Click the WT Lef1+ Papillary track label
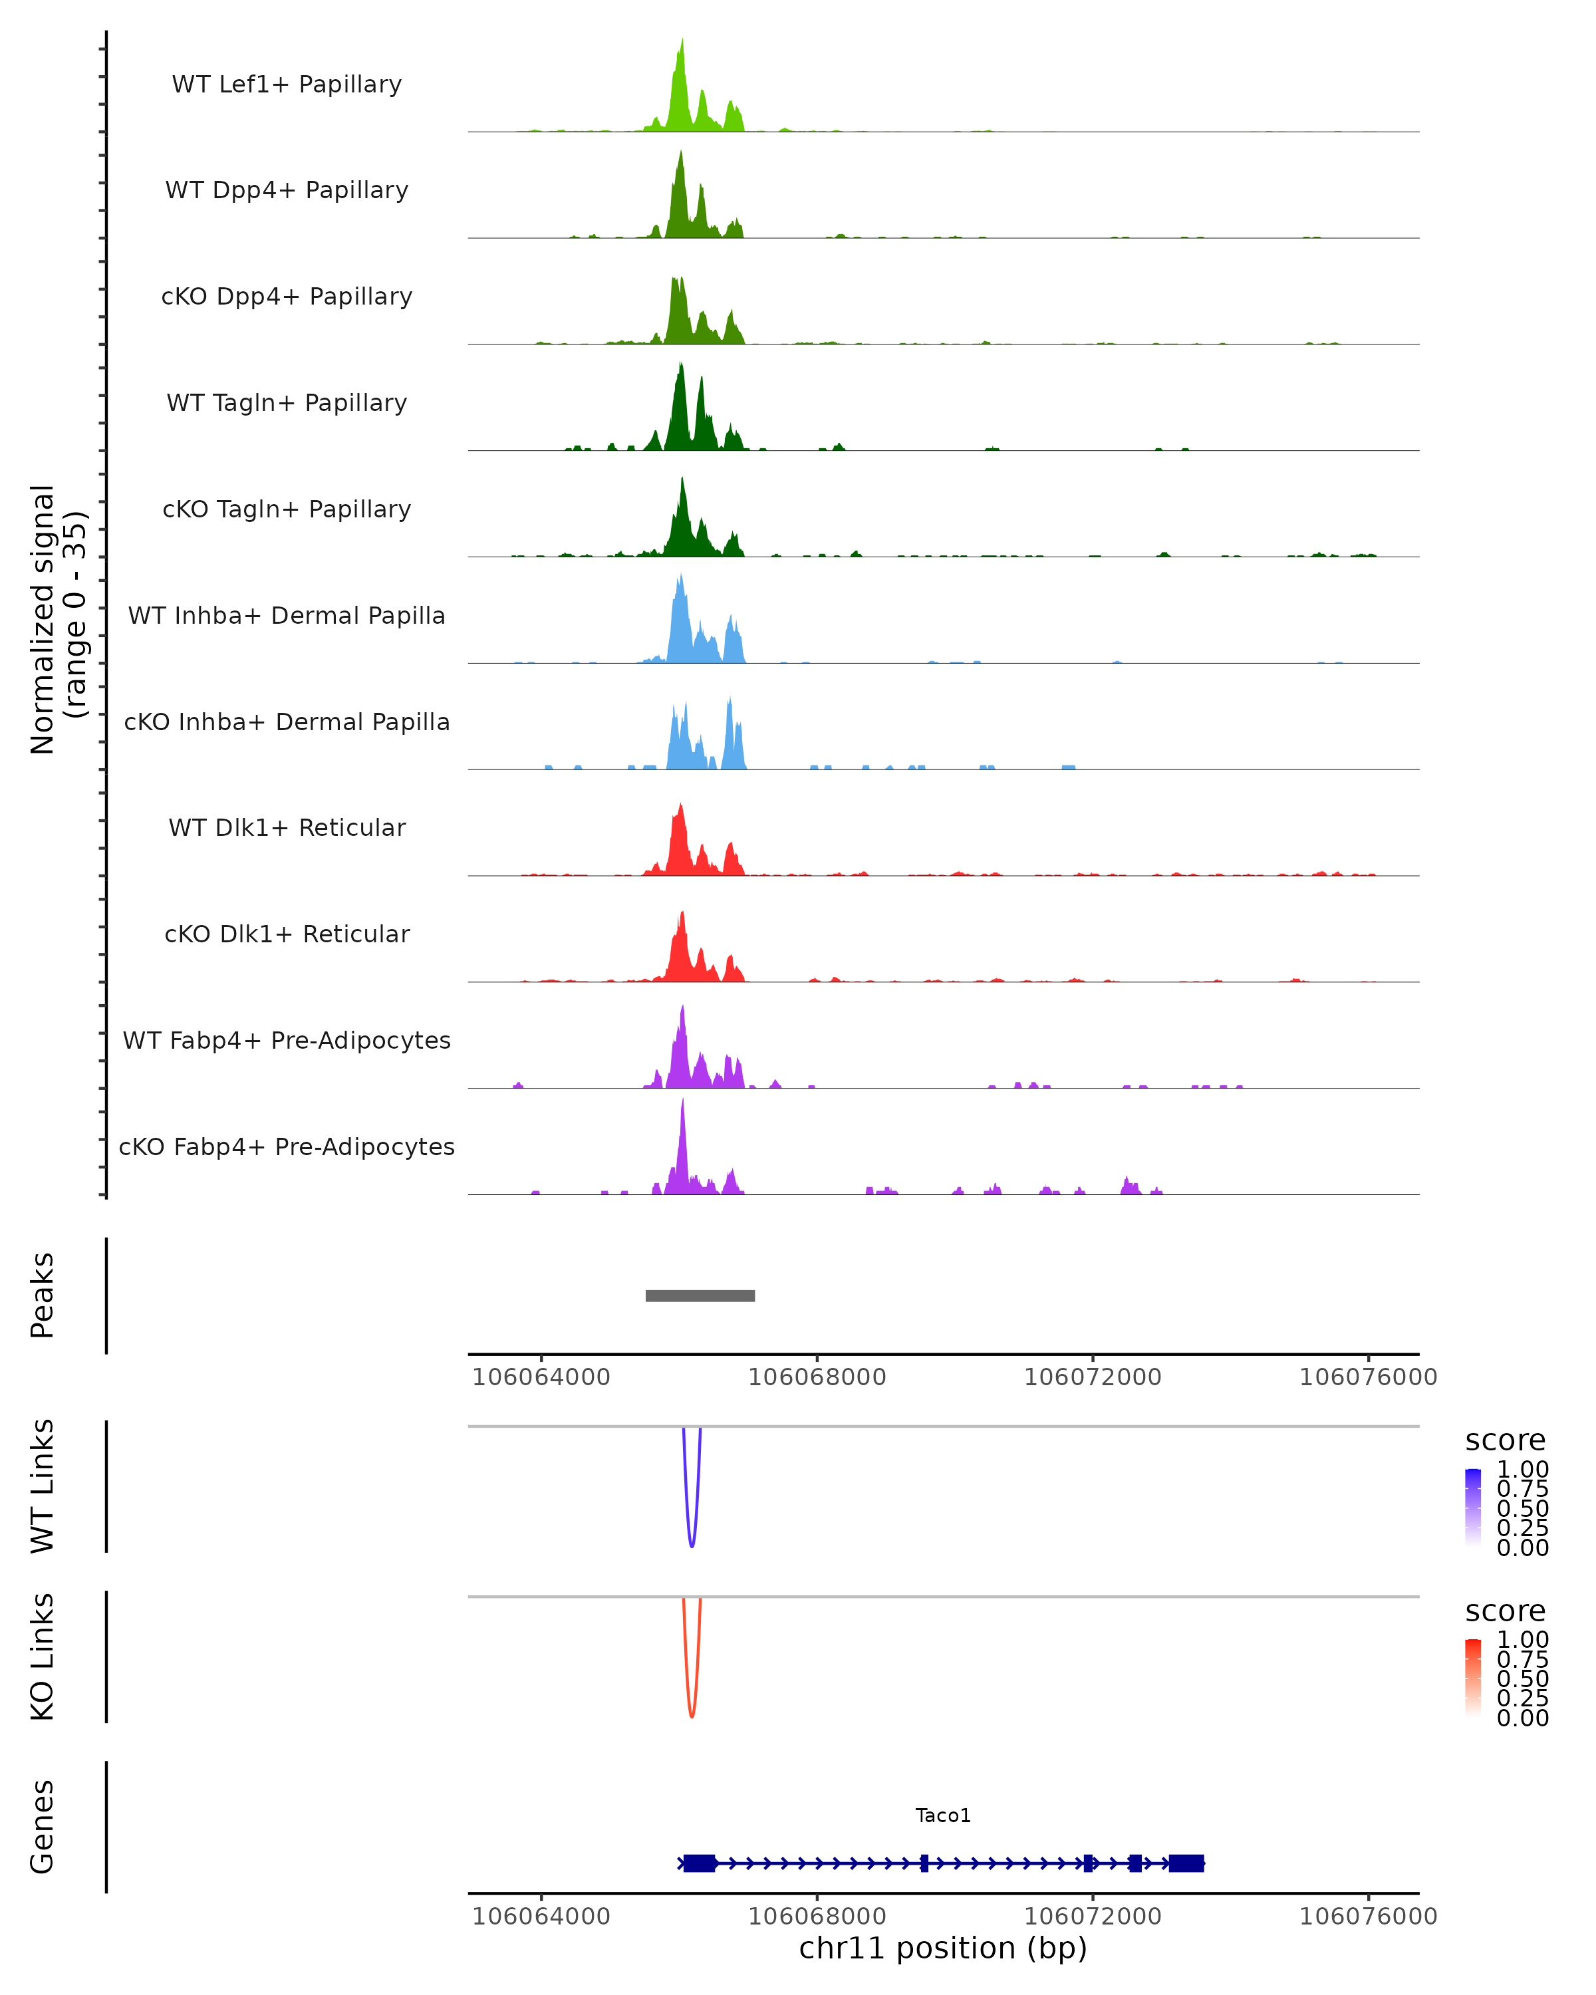pyautogui.click(x=287, y=84)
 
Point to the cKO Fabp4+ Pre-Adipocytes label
pyautogui.click(x=287, y=1146)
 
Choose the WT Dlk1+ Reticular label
pyautogui.click(x=287, y=827)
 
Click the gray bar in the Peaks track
pyautogui.click(x=700, y=1295)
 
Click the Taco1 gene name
pyautogui.click(x=943, y=1815)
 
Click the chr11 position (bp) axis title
pyautogui.click(x=943, y=1948)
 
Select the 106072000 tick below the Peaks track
pyautogui.click(x=1092, y=1377)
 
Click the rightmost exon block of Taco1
pyautogui.click(x=1186, y=1863)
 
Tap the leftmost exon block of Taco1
pyautogui.click(x=700, y=1863)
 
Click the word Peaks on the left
pyautogui.click(x=43, y=1295)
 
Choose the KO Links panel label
pyautogui.click(x=43, y=1657)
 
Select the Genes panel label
pyautogui.click(x=43, y=1827)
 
